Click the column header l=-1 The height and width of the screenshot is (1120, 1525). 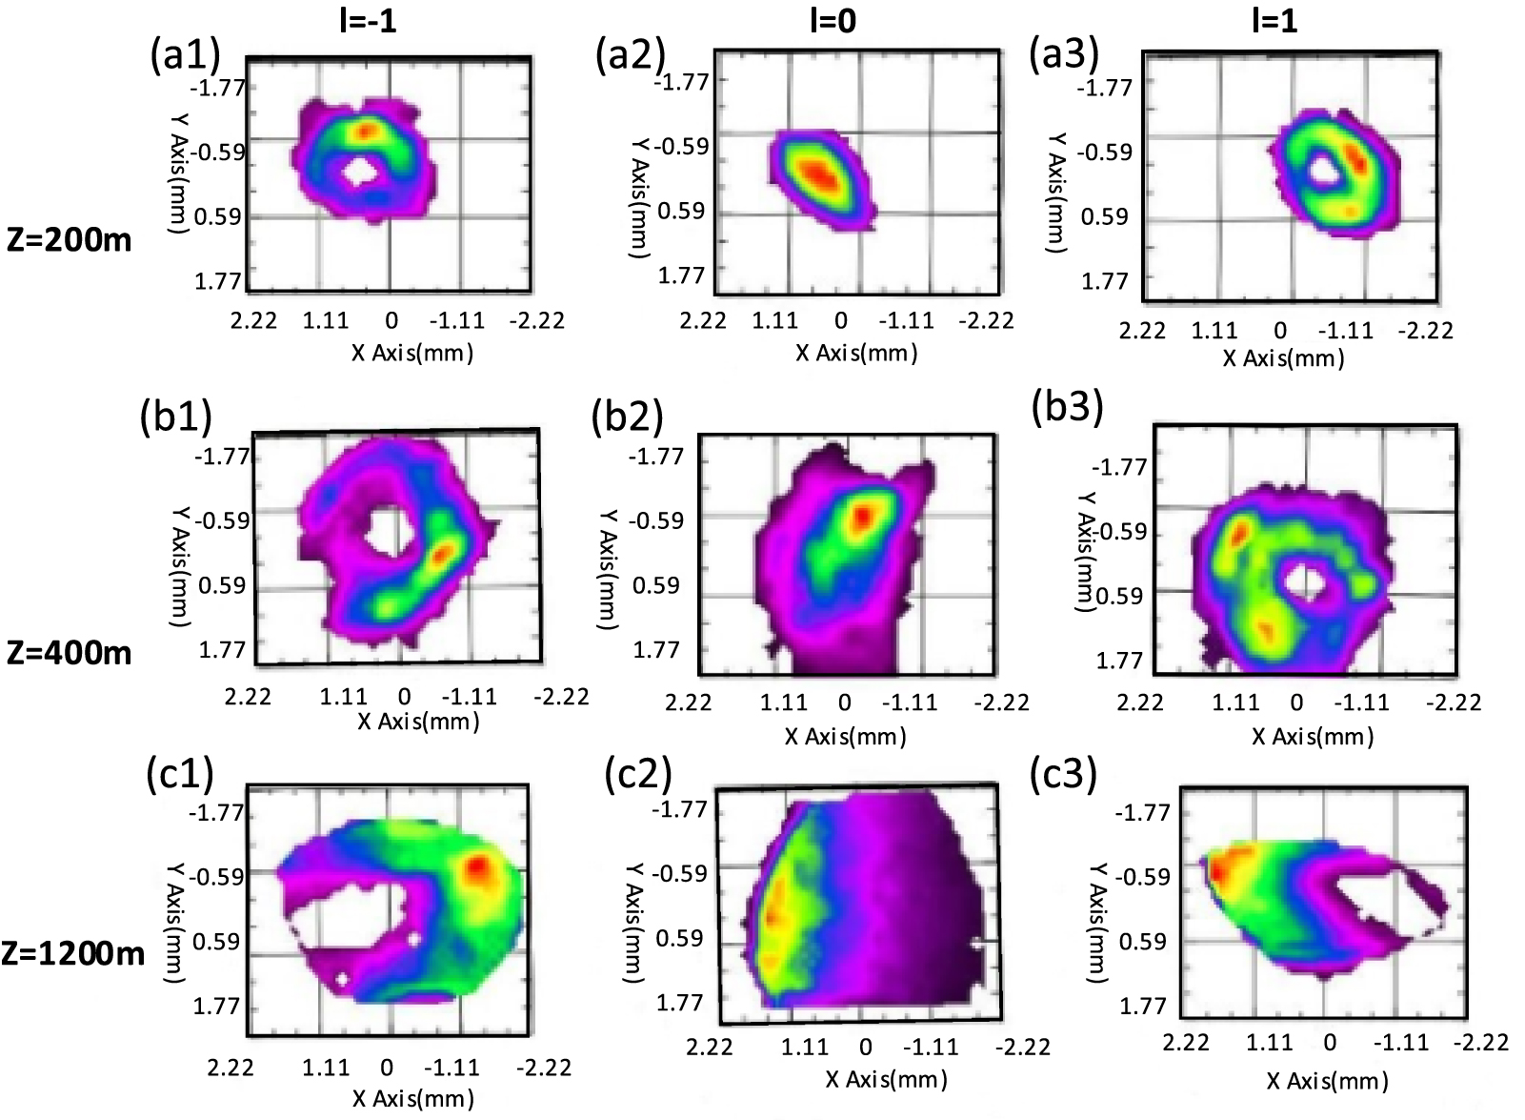coord(368,20)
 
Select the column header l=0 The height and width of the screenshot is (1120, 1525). coord(832,20)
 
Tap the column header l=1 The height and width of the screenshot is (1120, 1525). coord(1274,20)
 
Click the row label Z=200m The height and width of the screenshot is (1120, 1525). coord(69,239)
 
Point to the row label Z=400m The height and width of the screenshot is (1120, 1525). coord(69,653)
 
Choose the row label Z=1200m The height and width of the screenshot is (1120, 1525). coord(72,953)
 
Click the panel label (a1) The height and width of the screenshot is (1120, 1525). coord(185,55)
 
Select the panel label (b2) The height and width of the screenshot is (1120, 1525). coord(627,417)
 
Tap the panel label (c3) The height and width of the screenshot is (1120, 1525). coord(1064,775)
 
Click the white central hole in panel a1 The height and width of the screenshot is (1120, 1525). coord(361,173)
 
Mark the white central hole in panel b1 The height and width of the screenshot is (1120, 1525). coord(386,530)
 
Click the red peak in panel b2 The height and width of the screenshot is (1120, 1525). coord(862,516)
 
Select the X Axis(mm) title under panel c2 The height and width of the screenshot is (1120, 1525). coord(886,1079)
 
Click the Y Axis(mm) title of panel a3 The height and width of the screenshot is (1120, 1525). coord(1055,192)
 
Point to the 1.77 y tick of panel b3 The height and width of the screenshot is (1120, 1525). coord(1119,661)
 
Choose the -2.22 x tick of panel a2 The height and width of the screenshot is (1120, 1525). coord(987,320)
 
